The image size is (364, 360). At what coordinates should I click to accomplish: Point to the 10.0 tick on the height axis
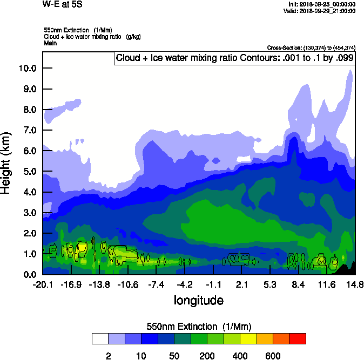[x=28, y=68]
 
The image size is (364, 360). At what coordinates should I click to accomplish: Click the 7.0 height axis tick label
[x=28, y=130]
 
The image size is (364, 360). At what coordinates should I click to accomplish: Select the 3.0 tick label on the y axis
[x=28, y=212]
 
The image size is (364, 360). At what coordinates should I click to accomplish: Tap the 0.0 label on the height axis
[x=28, y=274]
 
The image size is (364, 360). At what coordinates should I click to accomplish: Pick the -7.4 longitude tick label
[x=156, y=284]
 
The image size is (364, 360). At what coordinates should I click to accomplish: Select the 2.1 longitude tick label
[x=242, y=284]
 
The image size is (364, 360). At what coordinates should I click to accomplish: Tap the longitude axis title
[x=198, y=300]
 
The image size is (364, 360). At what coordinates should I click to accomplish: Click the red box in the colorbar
[x=298, y=339]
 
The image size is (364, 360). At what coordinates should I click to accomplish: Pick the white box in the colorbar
[x=100, y=339]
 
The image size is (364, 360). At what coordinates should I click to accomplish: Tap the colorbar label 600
[x=273, y=356]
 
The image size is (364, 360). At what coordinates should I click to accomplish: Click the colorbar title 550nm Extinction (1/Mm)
[x=199, y=327]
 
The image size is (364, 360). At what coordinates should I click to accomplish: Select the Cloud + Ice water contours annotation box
[x=235, y=58]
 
